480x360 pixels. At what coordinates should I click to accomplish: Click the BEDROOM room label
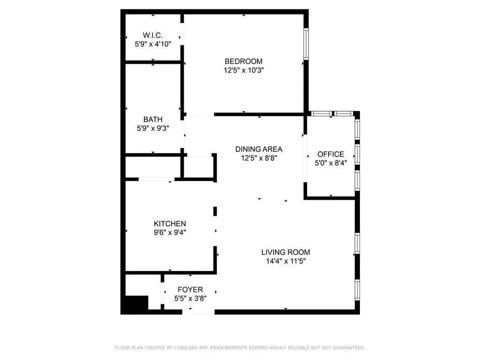[243, 61]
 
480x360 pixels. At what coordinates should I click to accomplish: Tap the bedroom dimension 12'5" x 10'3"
[243, 70]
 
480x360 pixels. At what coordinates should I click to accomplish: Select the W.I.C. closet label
[152, 35]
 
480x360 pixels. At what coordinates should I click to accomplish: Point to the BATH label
[153, 120]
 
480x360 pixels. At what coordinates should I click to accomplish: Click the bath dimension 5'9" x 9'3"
[153, 128]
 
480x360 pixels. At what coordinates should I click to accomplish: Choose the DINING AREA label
[259, 150]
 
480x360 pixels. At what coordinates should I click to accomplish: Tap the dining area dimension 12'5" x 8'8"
[259, 158]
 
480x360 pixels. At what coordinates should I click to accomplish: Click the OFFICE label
[330, 154]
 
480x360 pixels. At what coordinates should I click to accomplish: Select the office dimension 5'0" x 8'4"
[330, 163]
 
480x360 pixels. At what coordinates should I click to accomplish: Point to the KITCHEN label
[170, 224]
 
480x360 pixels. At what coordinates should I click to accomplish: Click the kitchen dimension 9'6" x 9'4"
[170, 232]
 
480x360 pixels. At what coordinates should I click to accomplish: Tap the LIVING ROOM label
[285, 252]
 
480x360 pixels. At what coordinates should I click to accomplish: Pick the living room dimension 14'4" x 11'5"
[285, 261]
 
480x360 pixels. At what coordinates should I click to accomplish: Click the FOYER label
[190, 289]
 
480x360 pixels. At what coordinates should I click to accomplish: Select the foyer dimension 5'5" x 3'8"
[190, 298]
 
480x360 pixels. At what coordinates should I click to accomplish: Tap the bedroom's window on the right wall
[306, 45]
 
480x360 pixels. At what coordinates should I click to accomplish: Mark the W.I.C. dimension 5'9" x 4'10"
[152, 44]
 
